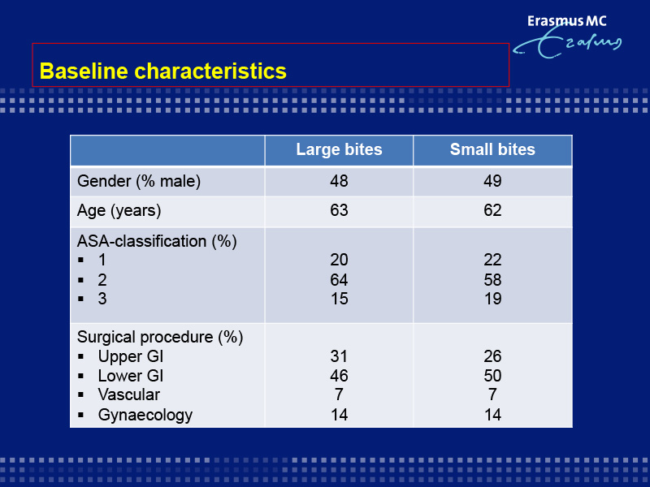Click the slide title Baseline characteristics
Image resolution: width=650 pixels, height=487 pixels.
[x=163, y=71]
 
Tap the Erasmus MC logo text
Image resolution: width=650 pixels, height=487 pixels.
[x=566, y=21]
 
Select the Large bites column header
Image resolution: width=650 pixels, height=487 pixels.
[x=339, y=149]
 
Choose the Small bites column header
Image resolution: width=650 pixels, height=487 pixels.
[x=492, y=149]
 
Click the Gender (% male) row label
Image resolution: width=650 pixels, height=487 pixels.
[x=139, y=181]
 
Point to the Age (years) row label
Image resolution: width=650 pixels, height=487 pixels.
[x=119, y=211]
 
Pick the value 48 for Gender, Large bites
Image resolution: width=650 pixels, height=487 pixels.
[x=339, y=181]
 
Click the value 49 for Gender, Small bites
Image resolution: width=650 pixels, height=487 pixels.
[x=492, y=181]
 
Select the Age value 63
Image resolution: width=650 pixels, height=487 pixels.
[x=339, y=210]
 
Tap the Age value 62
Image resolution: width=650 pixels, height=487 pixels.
[x=492, y=210]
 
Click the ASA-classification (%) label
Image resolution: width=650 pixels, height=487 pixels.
[x=157, y=241]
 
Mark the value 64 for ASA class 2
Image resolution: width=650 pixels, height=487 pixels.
[x=339, y=280]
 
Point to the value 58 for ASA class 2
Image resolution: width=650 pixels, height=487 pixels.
[x=492, y=280]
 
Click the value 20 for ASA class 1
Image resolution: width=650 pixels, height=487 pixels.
[x=339, y=260]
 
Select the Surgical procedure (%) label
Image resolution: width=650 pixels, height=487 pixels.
[x=160, y=338]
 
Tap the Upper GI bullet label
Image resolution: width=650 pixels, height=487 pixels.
[x=131, y=356]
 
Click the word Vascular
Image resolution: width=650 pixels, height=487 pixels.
[x=129, y=394]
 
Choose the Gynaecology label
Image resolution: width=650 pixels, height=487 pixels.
[x=145, y=415]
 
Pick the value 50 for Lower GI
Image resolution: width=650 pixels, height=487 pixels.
[x=492, y=376]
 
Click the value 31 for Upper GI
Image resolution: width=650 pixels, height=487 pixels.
[x=339, y=356]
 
